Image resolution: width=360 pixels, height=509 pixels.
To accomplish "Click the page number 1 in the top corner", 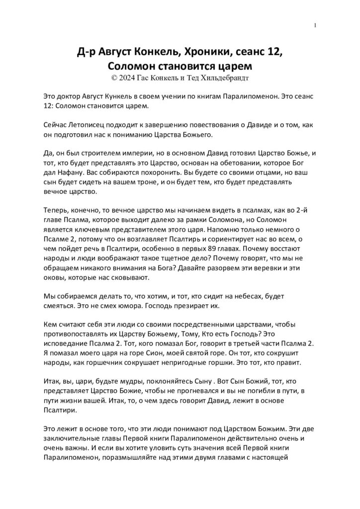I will pyautogui.click(x=315, y=26).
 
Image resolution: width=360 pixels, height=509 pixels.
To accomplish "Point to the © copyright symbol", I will pyautogui.click(x=115, y=78).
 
